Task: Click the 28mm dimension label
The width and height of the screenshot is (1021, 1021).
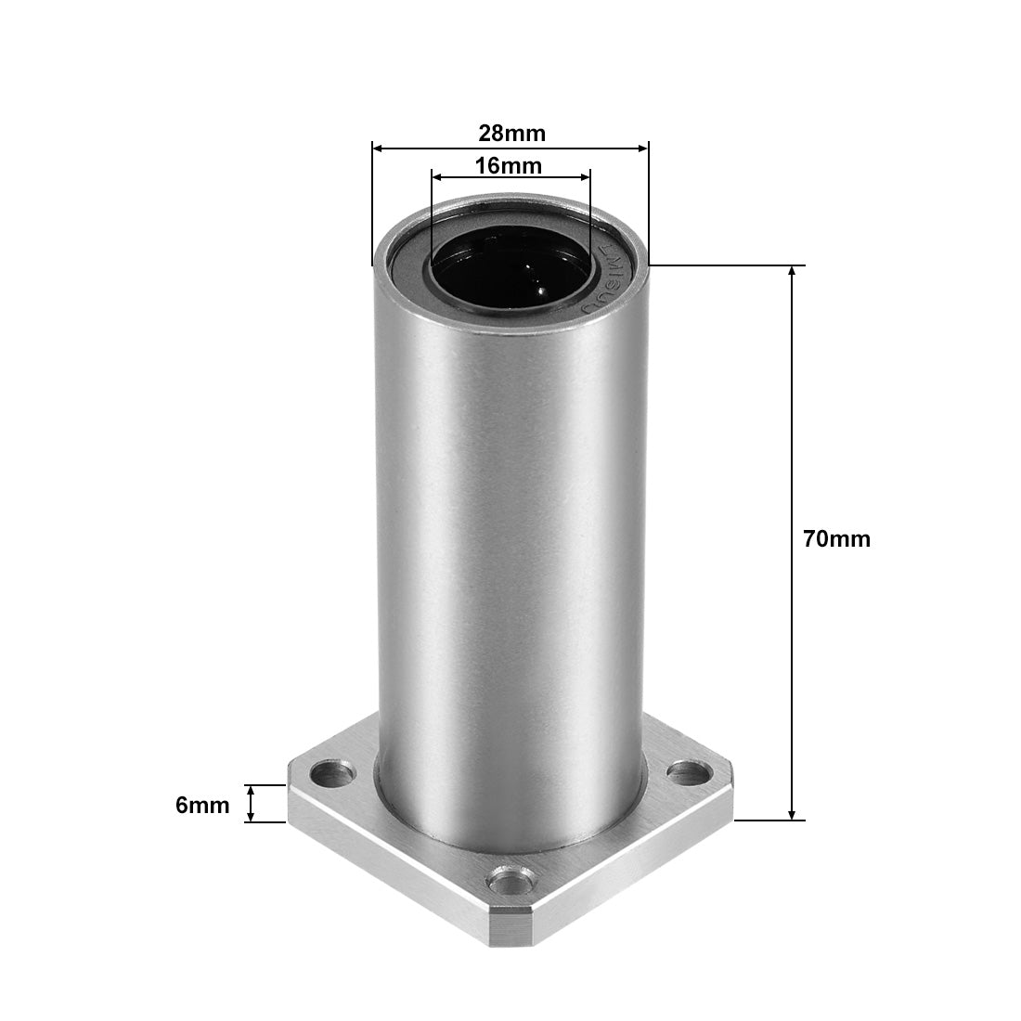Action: click(511, 133)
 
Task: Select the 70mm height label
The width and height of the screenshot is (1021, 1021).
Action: click(837, 538)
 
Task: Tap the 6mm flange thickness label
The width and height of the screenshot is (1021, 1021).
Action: click(202, 805)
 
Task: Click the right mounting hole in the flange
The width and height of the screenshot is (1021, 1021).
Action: click(689, 769)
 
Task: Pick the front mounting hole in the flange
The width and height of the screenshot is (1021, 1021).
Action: click(509, 877)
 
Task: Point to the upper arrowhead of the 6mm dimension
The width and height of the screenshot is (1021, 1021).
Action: click(250, 790)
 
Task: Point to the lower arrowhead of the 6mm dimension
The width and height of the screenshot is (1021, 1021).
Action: click(250, 817)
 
